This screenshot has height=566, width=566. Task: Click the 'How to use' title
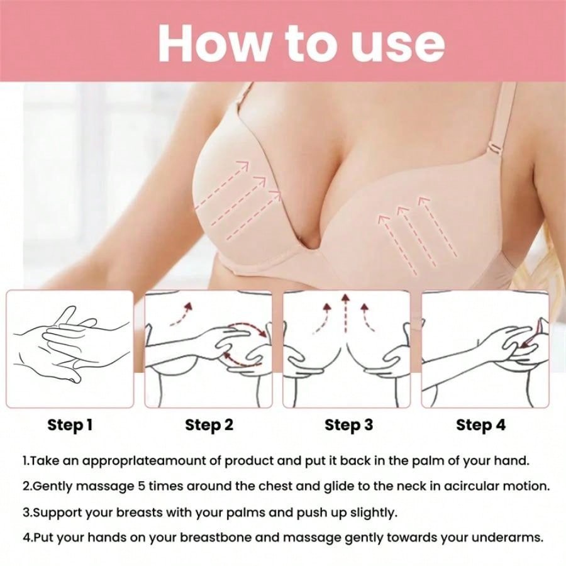point(301,42)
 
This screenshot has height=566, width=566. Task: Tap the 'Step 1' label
point(70,425)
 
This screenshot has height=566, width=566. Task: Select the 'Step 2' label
point(209,425)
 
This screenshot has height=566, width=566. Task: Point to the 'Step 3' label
point(348,425)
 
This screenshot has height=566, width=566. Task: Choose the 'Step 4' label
point(480,425)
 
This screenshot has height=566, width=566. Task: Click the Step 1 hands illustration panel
point(70,349)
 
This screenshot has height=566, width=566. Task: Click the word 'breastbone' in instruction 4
point(211,538)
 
